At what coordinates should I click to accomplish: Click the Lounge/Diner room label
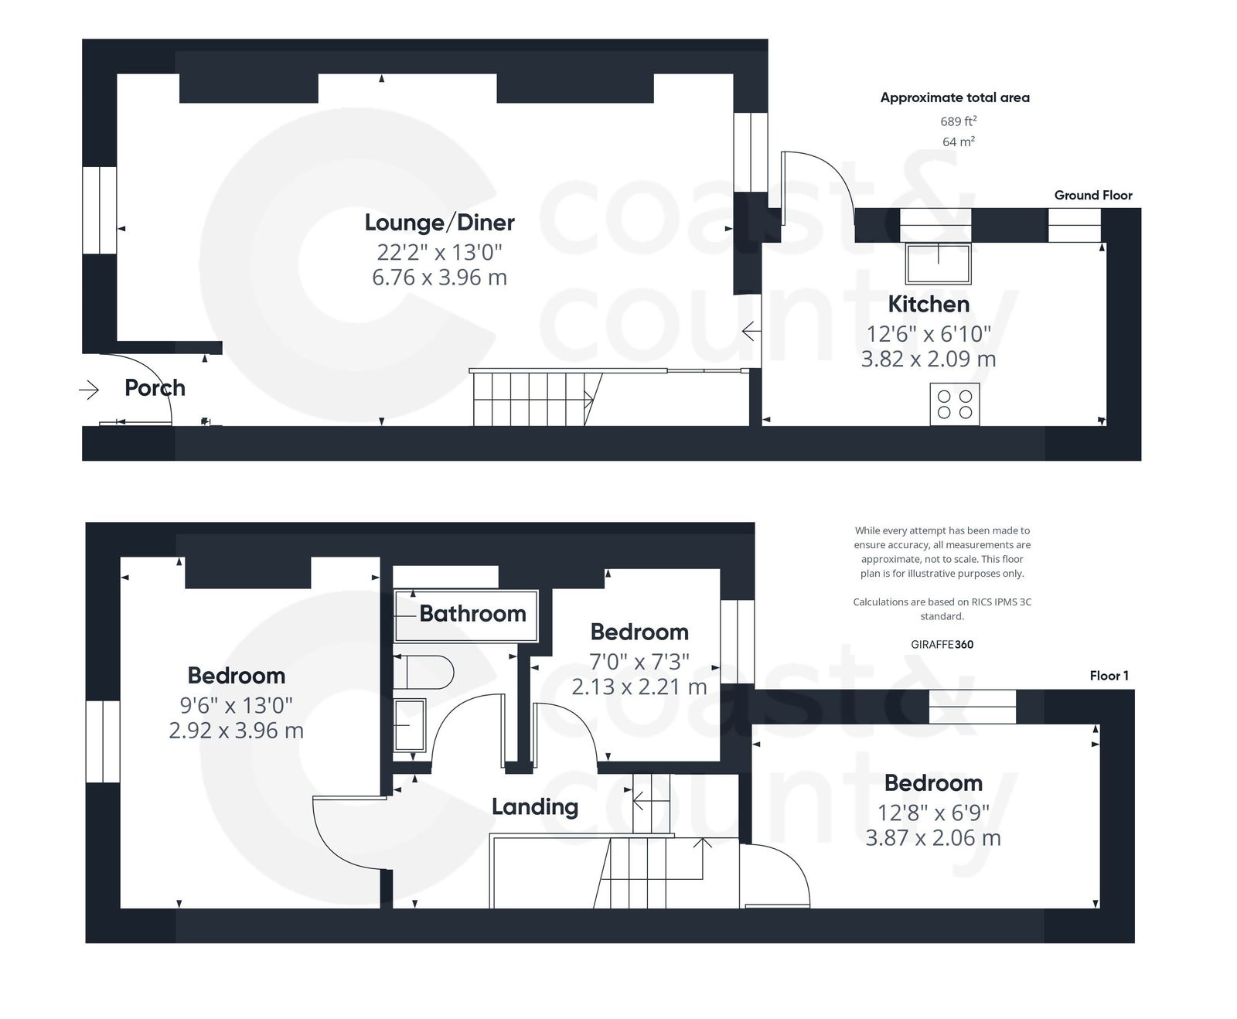click(439, 223)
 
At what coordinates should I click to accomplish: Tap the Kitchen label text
click(928, 304)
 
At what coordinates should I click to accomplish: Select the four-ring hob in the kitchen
click(954, 404)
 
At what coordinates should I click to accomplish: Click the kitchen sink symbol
click(939, 263)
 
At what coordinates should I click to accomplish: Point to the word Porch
click(155, 387)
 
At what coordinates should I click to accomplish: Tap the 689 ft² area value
click(958, 121)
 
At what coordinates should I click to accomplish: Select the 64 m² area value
click(958, 141)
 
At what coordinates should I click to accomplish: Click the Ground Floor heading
click(1092, 196)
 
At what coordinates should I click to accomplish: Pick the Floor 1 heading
click(1109, 676)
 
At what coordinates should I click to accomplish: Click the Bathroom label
click(472, 614)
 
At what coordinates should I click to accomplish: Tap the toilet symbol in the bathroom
click(424, 672)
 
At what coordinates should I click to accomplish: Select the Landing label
click(535, 807)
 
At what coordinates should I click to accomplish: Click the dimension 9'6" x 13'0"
click(236, 705)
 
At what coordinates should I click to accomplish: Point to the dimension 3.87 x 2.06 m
click(932, 838)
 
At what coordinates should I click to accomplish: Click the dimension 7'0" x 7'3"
click(639, 662)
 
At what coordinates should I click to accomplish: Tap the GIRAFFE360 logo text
click(942, 644)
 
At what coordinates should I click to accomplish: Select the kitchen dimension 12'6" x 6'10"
click(928, 334)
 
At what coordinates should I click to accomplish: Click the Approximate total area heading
click(955, 97)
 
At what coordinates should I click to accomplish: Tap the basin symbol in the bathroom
click(410, 725)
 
